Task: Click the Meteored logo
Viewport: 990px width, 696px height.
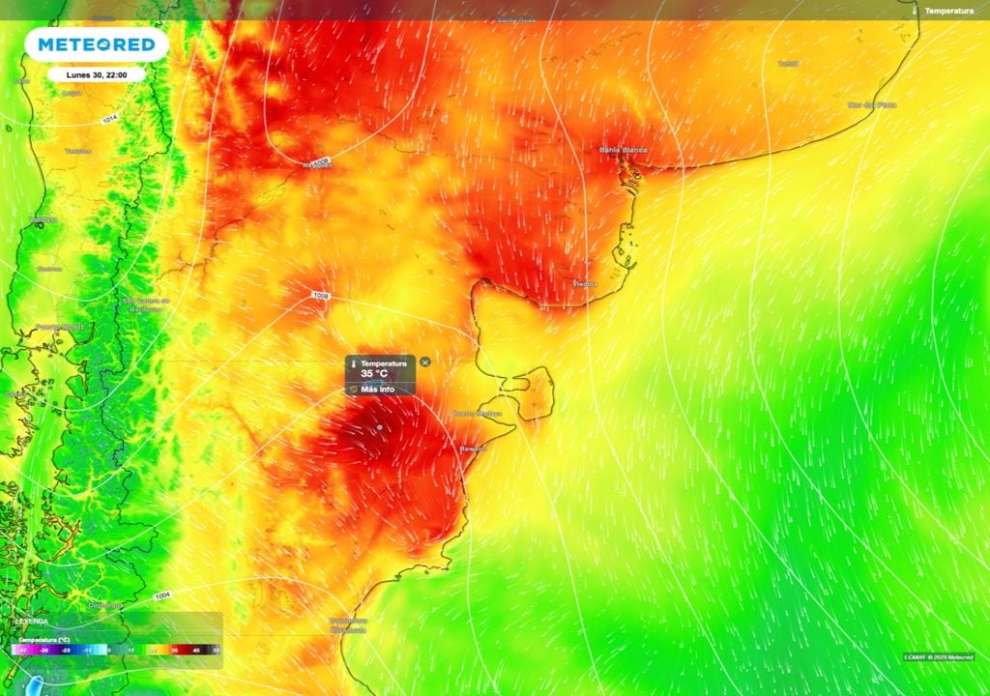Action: [97, 44]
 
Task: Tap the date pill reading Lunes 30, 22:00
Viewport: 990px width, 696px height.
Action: [97, 74]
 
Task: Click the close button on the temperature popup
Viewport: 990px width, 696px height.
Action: [425, 362]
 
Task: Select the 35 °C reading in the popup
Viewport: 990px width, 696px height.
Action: [373, 373]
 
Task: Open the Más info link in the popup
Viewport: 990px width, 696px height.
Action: [377, 390]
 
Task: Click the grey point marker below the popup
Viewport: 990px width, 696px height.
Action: [380, 426]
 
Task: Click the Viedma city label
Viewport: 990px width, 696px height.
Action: [585, 284]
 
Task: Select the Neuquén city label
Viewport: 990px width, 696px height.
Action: [317, 164]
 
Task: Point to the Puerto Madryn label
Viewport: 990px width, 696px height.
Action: [478, 414]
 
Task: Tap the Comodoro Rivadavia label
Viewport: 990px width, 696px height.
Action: [348, 624]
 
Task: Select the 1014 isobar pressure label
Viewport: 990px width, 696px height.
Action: [110, 120]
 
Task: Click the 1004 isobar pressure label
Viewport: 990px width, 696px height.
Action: [161, 595]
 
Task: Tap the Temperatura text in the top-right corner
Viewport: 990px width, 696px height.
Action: [948, 10]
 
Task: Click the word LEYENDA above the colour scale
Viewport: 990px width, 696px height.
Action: [31, 621]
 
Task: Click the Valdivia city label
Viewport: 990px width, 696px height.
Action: [43, 219]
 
